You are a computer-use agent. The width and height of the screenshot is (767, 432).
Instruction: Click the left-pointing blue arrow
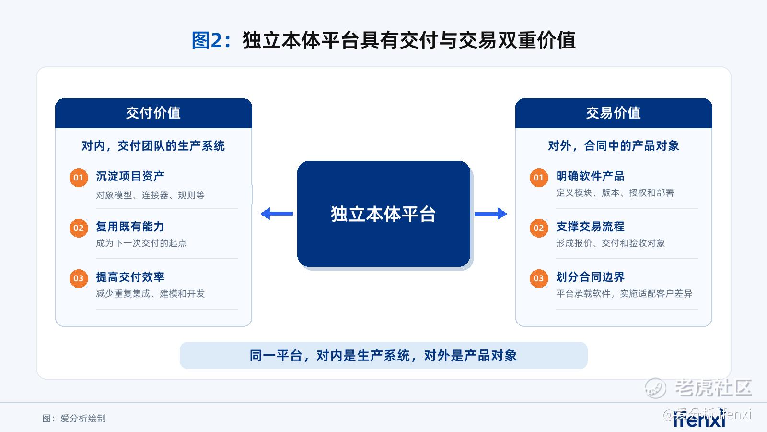pos(276,214)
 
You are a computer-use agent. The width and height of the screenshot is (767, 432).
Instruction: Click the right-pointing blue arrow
pos(491,214)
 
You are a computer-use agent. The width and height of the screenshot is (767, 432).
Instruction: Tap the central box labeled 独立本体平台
pos(383,214)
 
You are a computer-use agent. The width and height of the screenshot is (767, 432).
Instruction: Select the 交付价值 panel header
pos(153,113)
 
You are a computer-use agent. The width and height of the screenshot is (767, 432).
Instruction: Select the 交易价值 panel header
pos(614,113)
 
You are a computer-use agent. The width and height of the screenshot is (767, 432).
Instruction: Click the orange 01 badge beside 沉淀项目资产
pos(79,178)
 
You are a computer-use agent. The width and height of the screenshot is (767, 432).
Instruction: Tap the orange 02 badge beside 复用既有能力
pos(79,228)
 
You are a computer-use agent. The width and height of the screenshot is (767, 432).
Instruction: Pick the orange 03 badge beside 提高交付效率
pos(79,278)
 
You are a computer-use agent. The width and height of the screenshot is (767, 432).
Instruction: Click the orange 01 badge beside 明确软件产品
pos(539,178)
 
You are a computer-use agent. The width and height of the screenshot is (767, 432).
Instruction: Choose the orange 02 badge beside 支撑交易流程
pos(539,228)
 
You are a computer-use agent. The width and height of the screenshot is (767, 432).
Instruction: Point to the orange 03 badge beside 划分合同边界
pos(539,278)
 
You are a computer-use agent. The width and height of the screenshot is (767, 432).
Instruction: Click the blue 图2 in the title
pos(207,40)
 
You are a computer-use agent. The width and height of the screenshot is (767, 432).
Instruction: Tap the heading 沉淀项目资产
pos(130,176)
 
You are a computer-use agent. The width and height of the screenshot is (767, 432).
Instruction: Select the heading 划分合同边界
pos(590,277)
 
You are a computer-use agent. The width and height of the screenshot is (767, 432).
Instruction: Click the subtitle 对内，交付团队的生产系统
pos(153,146)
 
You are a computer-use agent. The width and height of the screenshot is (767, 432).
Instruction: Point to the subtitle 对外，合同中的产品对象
pos(614,146)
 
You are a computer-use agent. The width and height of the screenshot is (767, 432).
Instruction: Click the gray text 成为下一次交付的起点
pos(141,243)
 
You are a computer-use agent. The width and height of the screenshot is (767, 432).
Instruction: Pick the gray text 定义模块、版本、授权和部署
pos(615,193)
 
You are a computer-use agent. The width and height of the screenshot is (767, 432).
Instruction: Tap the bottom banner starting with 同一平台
pos(383,356)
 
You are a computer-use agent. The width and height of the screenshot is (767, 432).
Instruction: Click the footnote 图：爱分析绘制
pos(74,418)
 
